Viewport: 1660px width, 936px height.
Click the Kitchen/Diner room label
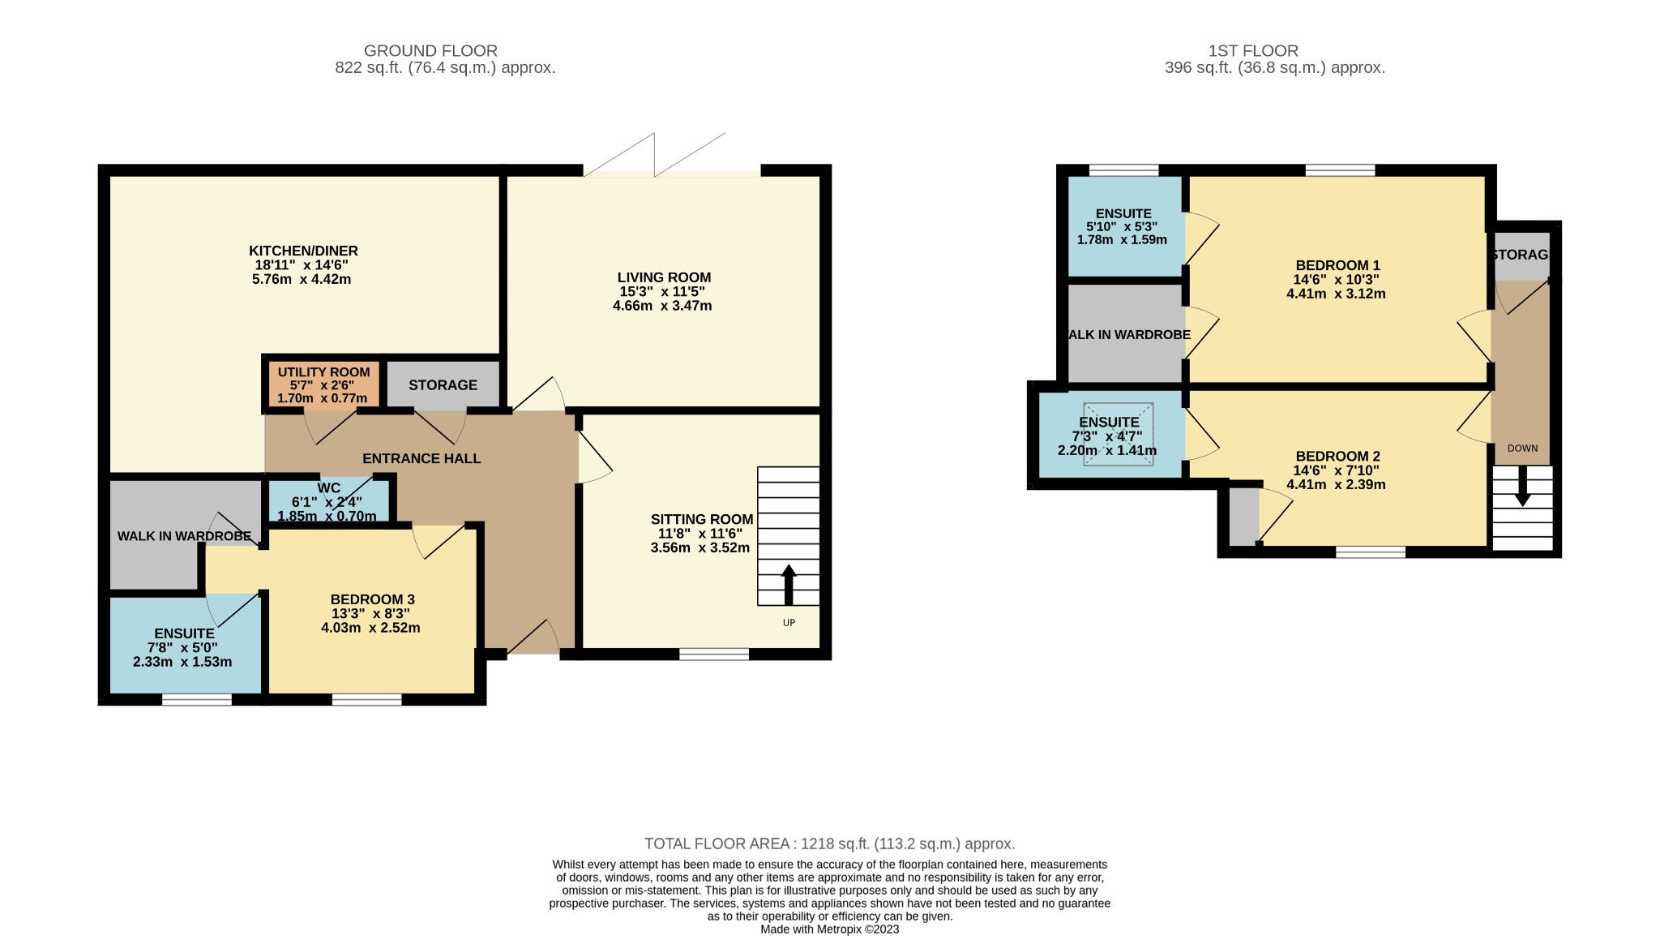303,251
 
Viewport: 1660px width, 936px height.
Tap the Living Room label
664,277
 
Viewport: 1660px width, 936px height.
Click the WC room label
329,487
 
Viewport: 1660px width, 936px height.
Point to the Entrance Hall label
421,458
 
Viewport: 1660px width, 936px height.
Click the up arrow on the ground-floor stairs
789,584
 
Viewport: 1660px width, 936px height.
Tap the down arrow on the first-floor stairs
1523,486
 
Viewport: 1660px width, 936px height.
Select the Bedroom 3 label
373,600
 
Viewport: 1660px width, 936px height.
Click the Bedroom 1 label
1337,265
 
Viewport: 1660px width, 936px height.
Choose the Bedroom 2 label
1337,457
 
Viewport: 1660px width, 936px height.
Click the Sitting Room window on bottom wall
714,655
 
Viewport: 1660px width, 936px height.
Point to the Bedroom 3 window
367,699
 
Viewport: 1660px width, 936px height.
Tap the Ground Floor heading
430,51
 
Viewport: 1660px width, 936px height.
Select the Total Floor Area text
830,844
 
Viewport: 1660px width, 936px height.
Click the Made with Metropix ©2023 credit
830,930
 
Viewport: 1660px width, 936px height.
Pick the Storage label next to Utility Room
443,385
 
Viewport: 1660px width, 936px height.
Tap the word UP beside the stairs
789,623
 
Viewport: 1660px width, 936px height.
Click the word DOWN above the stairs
1522,449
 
